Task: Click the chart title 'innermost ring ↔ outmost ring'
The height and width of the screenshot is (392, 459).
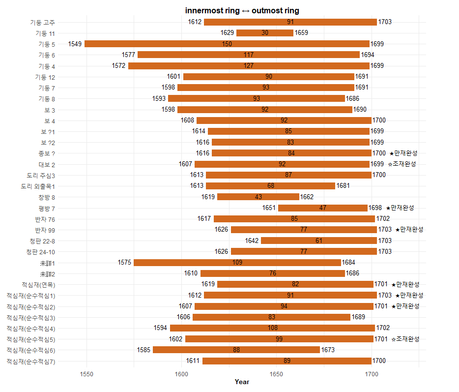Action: [242, 11]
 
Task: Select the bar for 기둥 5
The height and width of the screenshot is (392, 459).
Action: [227, 44]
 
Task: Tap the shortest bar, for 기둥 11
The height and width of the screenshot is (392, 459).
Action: [265, 33]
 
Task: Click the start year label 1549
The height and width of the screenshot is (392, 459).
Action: [75, 44]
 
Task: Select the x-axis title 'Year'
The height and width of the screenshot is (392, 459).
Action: [242, 382]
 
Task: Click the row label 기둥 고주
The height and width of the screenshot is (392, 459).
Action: [42, 22]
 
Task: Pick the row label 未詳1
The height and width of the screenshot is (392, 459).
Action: [47, 263]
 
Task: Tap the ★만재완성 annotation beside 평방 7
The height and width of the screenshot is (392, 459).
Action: [400, 208]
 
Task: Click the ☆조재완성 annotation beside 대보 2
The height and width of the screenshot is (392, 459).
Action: [402, 164]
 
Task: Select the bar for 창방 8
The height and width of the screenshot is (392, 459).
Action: [258, 197]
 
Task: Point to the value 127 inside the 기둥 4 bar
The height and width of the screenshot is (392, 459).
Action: [249, 66]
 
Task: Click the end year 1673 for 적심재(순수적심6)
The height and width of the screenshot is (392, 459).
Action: [328, 350]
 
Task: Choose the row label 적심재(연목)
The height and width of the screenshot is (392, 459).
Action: [38, 284]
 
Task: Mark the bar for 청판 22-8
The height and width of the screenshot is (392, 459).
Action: [319, 241]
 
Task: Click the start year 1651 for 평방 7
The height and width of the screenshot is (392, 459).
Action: [269, 208]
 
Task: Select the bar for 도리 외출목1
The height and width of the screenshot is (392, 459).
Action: [270, 186]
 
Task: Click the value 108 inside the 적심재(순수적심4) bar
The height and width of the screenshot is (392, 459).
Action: [272, 328]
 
